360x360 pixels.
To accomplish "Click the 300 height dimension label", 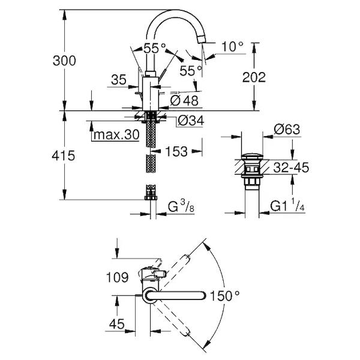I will (x=65, y=60).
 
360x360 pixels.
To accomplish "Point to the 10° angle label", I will (x=232, y=45).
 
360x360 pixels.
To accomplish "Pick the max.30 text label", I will (x=115, y=135).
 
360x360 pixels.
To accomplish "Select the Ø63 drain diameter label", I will (x=286, y=129).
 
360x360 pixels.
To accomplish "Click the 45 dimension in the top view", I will (x=118, y=325).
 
